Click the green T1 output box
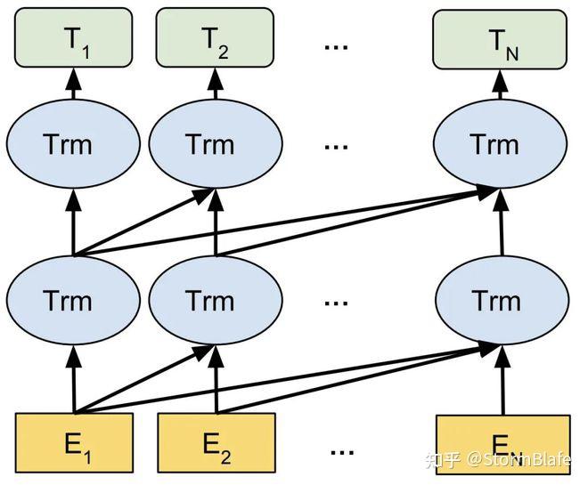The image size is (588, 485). point(73,37)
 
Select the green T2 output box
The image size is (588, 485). point(215,37)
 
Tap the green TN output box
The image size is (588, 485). point(501,37)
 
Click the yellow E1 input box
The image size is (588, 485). point(73,441)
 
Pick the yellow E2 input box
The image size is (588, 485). point(216,441)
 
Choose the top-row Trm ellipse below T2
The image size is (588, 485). point(215,144)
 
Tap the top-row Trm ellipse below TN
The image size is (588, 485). point(500,144)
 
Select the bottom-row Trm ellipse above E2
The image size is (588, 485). point(215,300)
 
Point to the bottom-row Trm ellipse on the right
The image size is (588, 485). point(500,300)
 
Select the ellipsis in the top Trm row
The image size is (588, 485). point(336,145)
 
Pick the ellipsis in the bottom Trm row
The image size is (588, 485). point(336,301)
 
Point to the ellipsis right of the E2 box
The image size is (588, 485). point(341,449)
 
